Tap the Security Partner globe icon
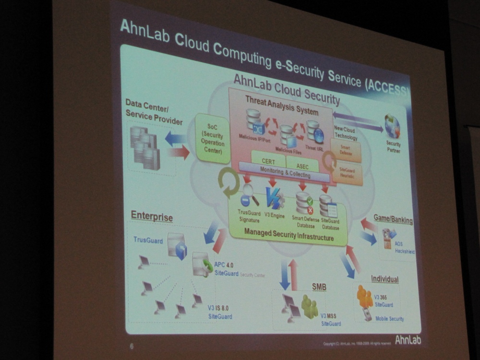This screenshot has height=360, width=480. (x=392, y=127)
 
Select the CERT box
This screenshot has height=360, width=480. (x=268, y=162)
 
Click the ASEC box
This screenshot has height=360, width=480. (x=302, y=165)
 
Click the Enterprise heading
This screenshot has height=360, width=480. (x=152, y=217)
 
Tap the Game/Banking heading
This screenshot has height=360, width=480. (x=393, y=220)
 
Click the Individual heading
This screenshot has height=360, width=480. (x=384, y=279)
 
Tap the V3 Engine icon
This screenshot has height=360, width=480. (x=275, y=198)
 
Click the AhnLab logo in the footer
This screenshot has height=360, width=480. (x=408, y=340)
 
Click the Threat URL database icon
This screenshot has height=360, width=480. (x=314, y=132)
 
